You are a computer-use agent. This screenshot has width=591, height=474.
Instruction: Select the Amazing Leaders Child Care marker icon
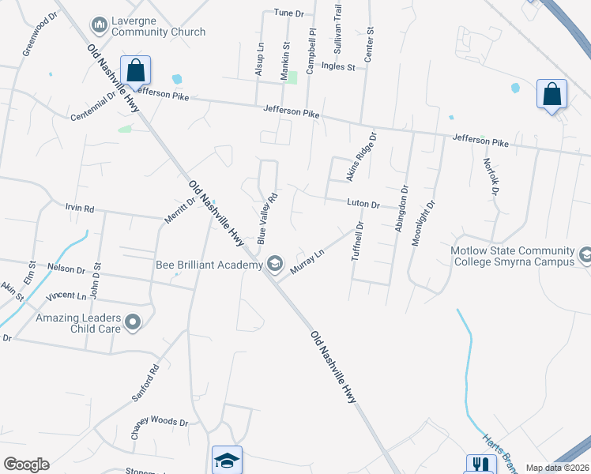click(133, 322)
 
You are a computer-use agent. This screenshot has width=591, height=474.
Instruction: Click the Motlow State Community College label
click(511, 255)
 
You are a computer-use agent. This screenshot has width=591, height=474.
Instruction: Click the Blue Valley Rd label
click(266, 218)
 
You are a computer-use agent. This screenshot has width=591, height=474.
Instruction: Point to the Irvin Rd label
click(79, 209)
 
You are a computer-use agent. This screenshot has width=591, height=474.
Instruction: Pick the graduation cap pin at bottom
click(227, 460)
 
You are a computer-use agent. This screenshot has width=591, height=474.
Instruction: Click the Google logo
click(26, 465)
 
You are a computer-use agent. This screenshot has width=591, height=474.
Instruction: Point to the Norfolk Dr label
click(491, 176)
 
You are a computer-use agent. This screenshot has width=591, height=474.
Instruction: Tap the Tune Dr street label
click(288, 13)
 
